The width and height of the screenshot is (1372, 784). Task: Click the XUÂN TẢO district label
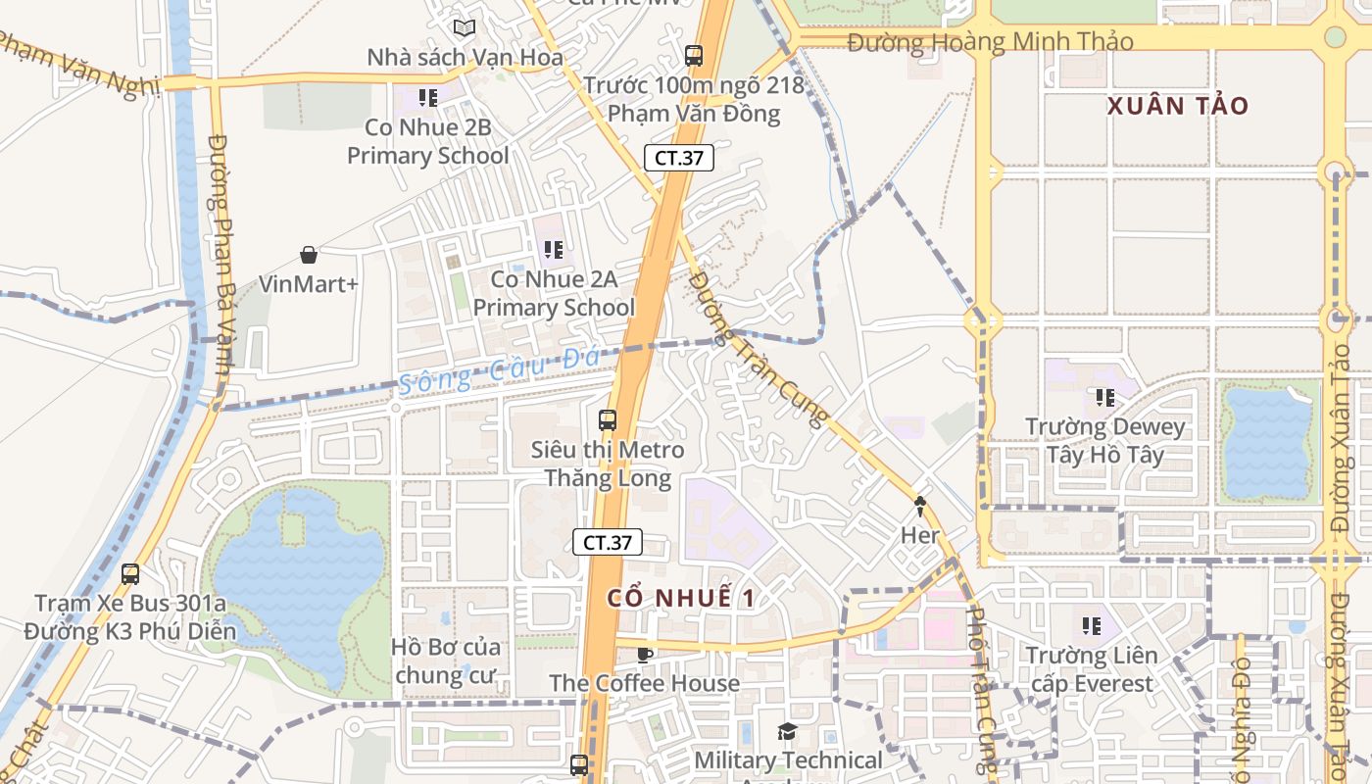point(1178,106)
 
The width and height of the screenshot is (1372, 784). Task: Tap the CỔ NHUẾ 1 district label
point(681,598)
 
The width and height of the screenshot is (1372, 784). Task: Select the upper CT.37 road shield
point(678,158)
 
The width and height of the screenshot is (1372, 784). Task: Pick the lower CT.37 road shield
point(608,542)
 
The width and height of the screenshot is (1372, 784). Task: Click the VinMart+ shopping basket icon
point(309,256)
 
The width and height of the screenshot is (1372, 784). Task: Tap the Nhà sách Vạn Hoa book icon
point(464,28)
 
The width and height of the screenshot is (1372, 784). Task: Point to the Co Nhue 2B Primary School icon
point(427,98)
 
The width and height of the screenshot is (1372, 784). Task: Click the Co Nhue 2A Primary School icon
point(554,250)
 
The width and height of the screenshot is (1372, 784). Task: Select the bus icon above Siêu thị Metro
point(608,420)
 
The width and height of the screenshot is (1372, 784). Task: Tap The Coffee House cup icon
point(644,654)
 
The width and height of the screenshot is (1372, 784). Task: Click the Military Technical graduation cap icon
point(787,731)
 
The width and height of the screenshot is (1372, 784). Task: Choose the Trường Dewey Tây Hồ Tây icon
point(1105,398)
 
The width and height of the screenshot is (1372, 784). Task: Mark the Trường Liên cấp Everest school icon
point(1091,625)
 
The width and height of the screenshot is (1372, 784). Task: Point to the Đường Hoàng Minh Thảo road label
point(990,42)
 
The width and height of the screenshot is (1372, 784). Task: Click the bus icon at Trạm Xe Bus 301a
point(130,573)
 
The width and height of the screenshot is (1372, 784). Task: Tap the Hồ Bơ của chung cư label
point(446,661)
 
